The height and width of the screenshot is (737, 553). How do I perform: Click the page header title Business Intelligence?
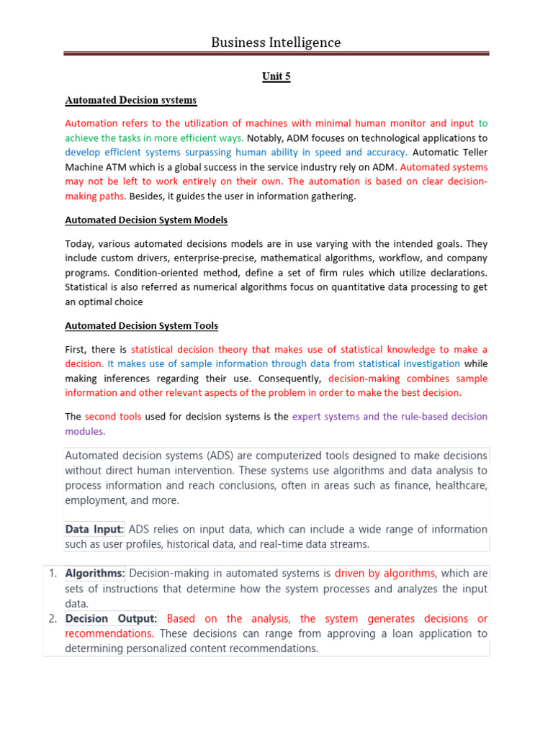[276, 42]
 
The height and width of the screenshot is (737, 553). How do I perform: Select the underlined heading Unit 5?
[276, 77]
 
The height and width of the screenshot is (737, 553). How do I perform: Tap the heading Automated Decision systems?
[130, 100]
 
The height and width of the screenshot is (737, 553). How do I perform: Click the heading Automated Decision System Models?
[146, 220]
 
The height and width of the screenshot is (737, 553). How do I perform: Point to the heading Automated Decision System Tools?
[141, 326]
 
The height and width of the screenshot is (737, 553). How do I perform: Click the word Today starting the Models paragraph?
[79, 243]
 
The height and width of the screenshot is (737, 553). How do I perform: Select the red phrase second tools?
[113, 417]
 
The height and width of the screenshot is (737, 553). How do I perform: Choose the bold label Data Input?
[94, 529]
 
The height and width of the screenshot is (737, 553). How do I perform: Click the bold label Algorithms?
[95, 574]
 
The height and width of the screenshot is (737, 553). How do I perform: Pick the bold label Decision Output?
[111, 619]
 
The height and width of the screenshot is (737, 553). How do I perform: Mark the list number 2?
[53, 619]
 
